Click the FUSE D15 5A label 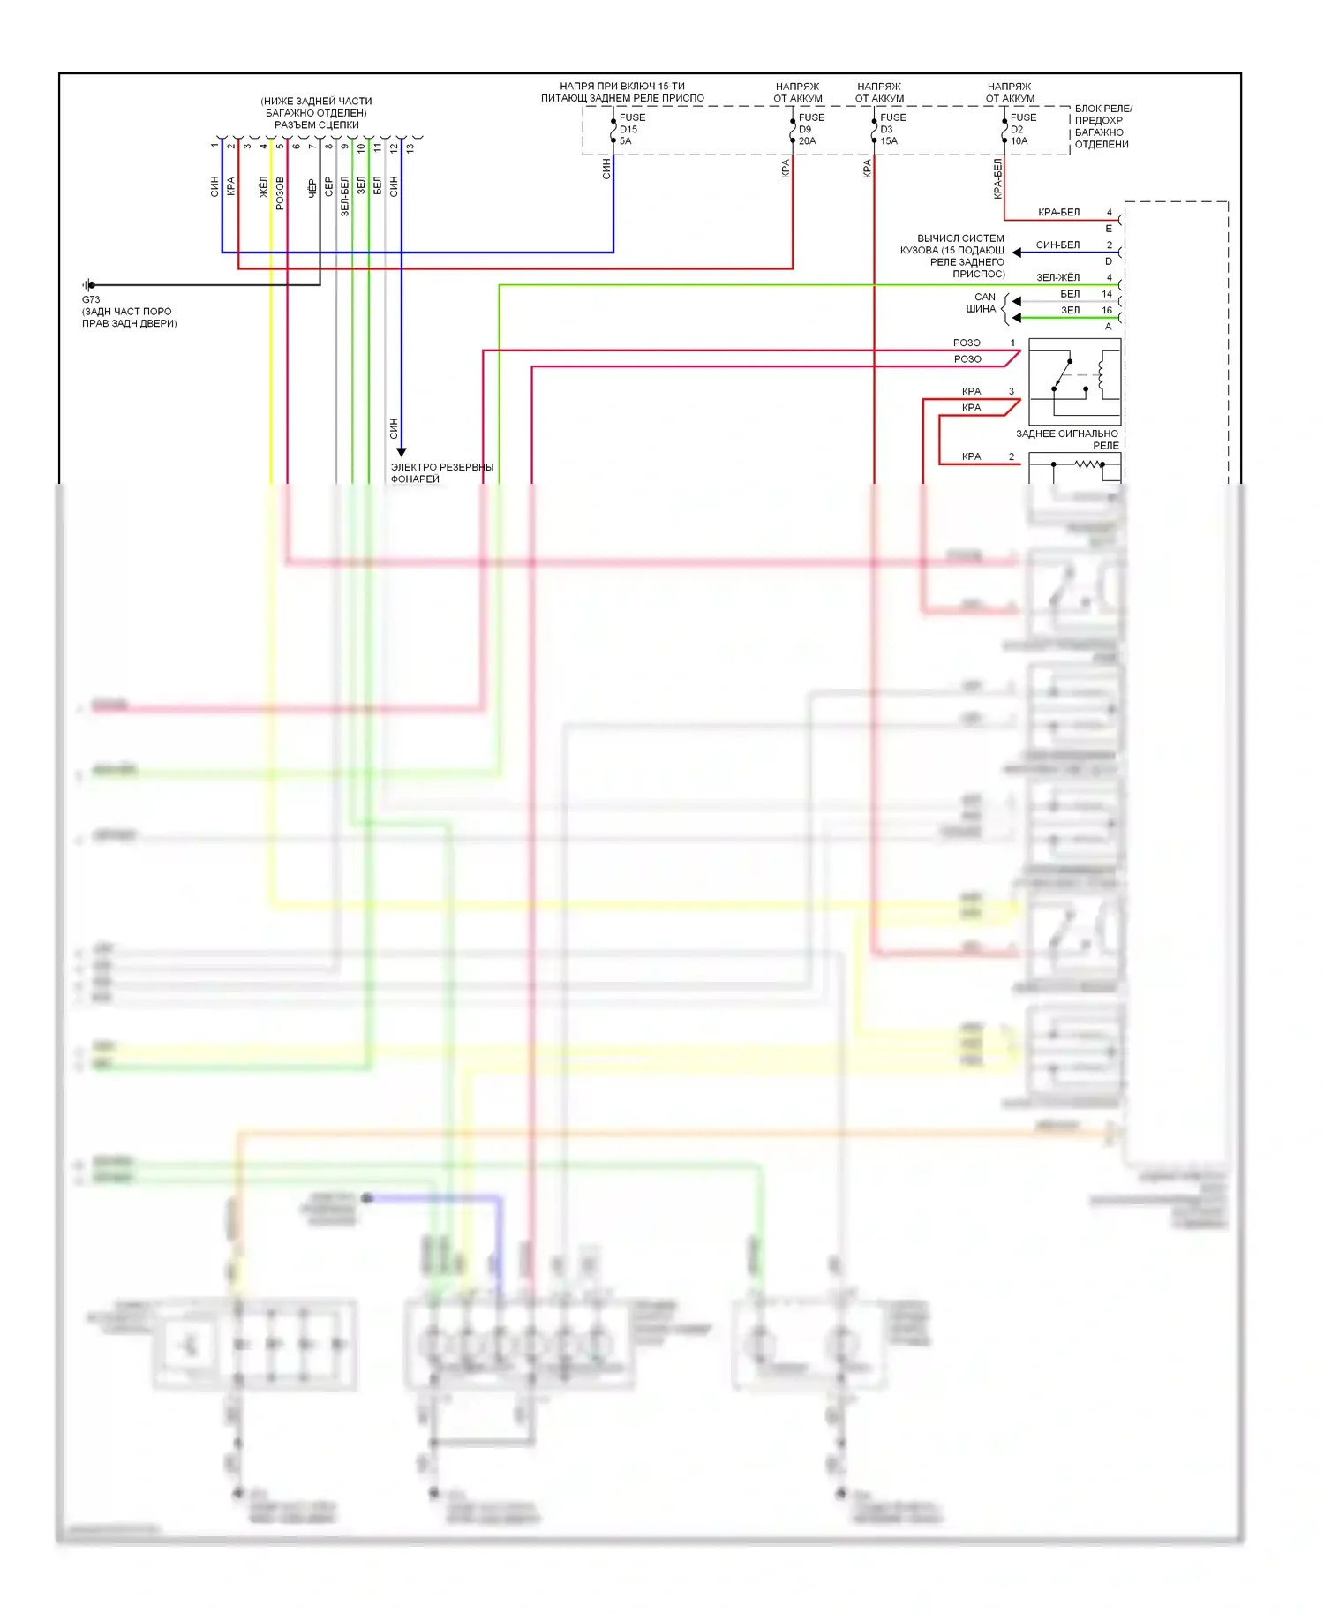631,129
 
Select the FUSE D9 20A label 810,129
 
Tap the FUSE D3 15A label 891,129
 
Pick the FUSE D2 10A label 1022,129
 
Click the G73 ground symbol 88,285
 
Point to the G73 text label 91,299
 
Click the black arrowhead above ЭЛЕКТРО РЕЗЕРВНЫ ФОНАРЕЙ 401,452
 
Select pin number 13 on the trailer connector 410,147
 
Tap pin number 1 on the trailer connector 214,146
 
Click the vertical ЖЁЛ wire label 263,187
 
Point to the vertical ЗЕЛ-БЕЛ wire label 344,196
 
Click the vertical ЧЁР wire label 312,188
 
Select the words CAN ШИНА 982,303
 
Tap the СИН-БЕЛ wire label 1057,245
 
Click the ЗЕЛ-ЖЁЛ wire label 1057,277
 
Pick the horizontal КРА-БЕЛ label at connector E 1058,212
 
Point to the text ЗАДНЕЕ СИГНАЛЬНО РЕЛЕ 1068,439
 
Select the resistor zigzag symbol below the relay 1089,464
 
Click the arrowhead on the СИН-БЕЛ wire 1017,253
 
